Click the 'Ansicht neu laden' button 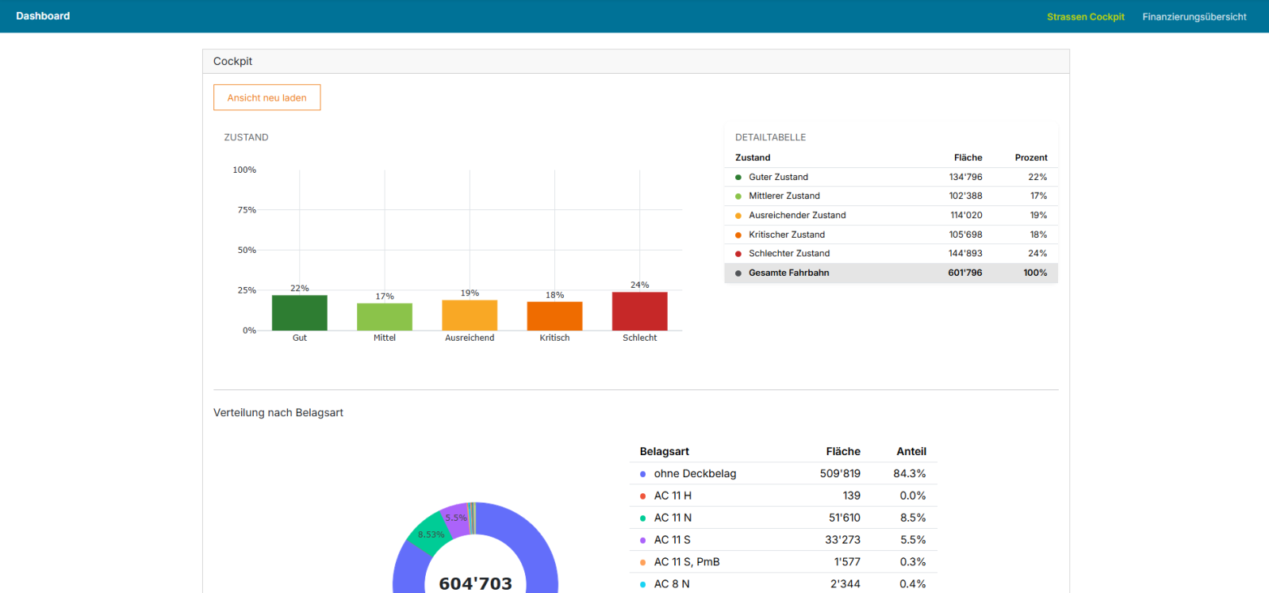[266, 98]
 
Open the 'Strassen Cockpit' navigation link [1086, 17]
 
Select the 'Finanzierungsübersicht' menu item [1194, 17]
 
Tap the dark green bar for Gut [300, 312]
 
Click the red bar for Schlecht [639, 311]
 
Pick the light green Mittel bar [385, 316]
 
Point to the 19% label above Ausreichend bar [470, 293]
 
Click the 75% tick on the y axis [247, 209]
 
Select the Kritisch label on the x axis [554, 338]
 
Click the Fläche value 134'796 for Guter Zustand [965, 177]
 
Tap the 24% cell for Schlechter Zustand [1037, 253]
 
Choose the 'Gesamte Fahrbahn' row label [788, 273]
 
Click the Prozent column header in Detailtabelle [1030, 158]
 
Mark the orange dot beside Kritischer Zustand [738, 235]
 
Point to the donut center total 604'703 [475, 583]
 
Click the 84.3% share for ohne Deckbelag [909, 473]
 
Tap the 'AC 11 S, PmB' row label [687, 562]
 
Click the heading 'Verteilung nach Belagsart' [278, 413]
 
